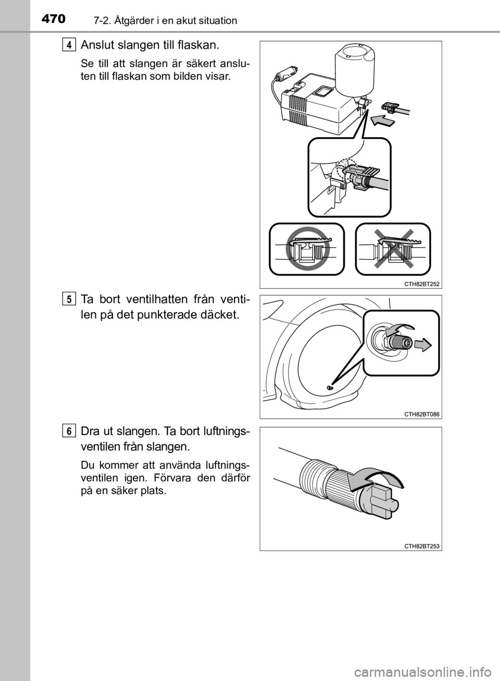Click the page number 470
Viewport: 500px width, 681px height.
tap(54, 19)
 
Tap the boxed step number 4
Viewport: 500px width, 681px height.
tap(69, 45)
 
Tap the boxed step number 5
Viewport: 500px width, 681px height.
tap(69, 300)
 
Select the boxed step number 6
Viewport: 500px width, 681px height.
tap(69, 432)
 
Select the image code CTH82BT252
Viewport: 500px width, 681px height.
tap(421, 284)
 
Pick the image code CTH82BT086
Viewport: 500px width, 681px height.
tap(421, 414)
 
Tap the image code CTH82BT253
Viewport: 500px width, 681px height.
tap(421, 546)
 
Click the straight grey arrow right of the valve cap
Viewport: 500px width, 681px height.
tap(423, 345)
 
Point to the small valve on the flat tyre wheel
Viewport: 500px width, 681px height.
tap(330, 387)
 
